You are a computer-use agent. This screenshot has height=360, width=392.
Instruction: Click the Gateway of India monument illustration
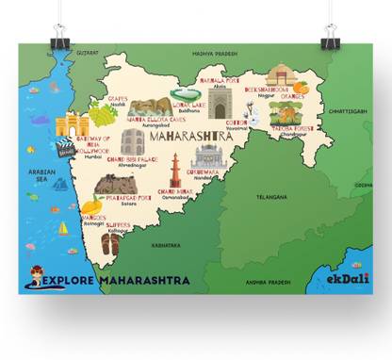(x=72, y=125)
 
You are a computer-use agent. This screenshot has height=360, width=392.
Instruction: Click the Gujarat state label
(x=88, y=54)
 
